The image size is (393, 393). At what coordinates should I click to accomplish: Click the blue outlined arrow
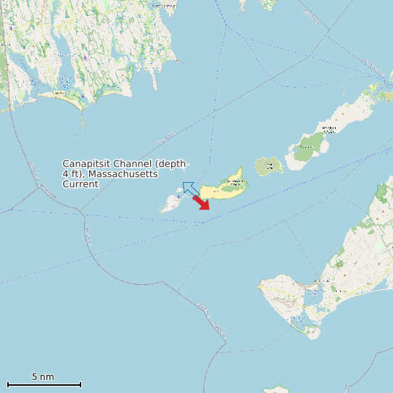click(x=191, y=189)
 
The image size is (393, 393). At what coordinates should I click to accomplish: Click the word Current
click(x=80, y=184)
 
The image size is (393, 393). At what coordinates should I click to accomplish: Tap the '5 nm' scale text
click(x=43, y=376)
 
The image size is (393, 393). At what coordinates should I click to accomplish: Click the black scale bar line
click(x=44, y=384)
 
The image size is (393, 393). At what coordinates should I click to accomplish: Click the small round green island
click(x=269, y=166)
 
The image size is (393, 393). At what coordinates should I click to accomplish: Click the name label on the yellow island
click(x=235, y=181)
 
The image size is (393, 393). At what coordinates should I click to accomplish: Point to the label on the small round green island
click(x=270, y=166)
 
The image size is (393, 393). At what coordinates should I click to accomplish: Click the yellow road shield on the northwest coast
click(x=59, y=93)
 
